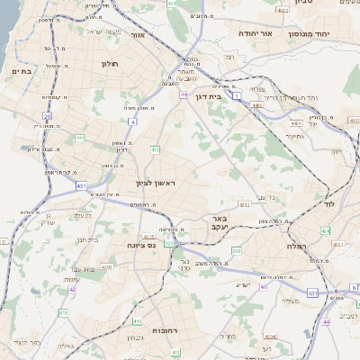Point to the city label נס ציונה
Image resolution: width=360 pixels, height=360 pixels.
(141, 244)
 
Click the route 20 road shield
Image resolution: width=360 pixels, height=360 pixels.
(47, 116)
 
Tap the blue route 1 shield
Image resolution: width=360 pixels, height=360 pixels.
(236, 94)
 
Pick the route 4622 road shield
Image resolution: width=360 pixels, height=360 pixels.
(283, 11)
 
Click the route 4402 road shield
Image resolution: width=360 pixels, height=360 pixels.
(256, 105)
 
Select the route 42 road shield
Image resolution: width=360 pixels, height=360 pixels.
(71, 289)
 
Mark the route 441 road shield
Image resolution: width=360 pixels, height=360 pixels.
(79, 138)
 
